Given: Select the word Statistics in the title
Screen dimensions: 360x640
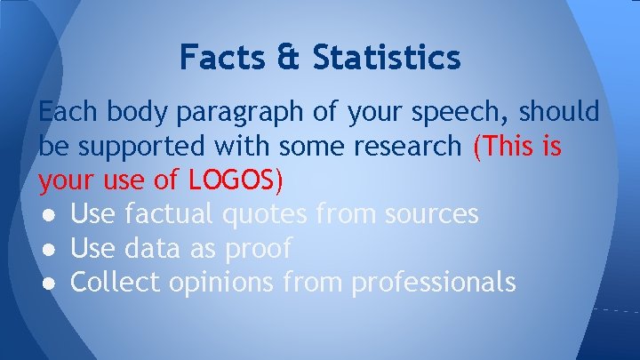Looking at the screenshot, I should [387, 58].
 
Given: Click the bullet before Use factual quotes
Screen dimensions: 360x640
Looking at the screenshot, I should [46, 214].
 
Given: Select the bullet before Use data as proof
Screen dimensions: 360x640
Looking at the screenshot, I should [46, 249].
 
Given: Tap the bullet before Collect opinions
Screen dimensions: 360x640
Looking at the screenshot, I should [46, 283].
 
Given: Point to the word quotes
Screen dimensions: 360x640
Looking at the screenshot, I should [268, 214].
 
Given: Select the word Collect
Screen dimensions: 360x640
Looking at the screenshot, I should [114, 282].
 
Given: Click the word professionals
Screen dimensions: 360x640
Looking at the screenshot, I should [433, 284].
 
